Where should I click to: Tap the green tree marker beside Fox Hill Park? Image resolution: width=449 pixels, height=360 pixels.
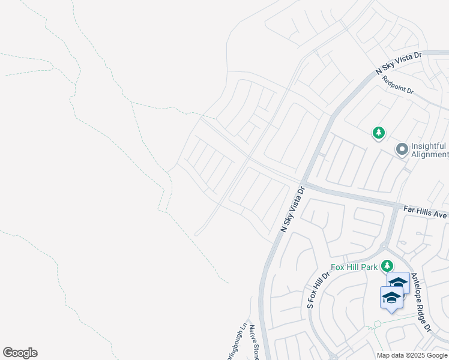pos(388,265)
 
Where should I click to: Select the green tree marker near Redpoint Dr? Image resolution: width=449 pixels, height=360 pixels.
pos(378,133)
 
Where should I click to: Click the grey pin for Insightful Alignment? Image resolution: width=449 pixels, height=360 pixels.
pos(402,148)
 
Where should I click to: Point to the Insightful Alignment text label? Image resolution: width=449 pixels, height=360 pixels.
pos(429,150)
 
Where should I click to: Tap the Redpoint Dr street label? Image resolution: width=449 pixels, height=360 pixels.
pos(398,84)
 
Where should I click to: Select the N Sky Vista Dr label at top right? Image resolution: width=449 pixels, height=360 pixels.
pos(399,63)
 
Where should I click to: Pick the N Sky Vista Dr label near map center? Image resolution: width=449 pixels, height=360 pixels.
pos(294,209)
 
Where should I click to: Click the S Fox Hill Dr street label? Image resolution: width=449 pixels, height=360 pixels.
pos(318,290)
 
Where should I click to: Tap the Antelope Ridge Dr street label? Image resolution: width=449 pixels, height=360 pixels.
pos(420,308)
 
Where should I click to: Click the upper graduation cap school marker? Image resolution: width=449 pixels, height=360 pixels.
pos(398,283)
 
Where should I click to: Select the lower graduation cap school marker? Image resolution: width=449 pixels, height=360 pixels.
pos(391,297)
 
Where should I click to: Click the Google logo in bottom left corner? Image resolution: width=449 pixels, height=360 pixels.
pos(20,353)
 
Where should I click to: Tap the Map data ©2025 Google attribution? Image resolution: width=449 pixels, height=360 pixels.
pos(411,355)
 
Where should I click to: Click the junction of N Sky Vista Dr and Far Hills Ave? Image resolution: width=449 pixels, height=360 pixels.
pos(303,182)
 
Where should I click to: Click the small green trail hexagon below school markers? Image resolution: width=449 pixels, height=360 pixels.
pos(378,324)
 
